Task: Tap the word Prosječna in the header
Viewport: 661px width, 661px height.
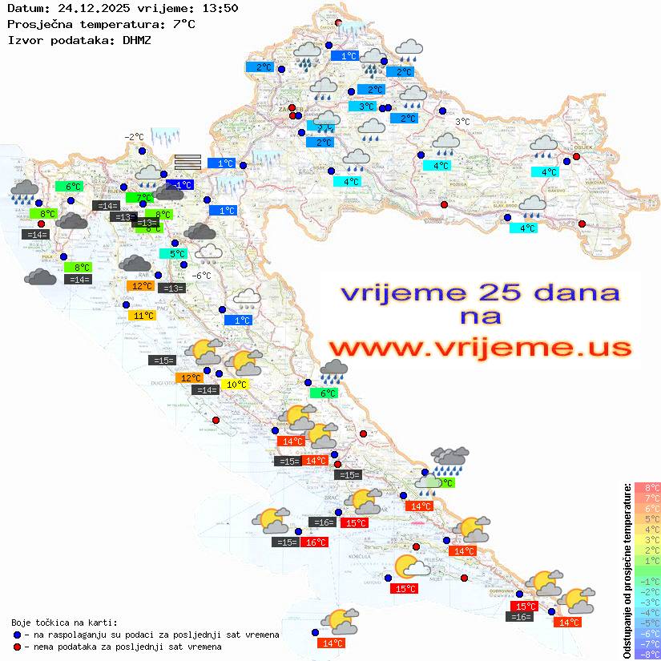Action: tap(38, 24)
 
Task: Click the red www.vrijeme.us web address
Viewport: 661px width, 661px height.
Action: tap(480, 347)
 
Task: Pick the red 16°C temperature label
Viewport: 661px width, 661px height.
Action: tap(316, 542)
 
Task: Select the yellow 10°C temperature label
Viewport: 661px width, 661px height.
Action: tap(237, 385)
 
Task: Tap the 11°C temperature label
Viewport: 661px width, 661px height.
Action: tap(143, 316)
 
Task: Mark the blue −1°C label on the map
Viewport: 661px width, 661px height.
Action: tap(181, 184)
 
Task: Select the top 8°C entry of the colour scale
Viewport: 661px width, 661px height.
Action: tap(647, 487)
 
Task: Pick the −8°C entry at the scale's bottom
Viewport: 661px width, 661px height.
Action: tap(647, 654)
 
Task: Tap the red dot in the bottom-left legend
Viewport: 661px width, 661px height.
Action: tap(17, 646)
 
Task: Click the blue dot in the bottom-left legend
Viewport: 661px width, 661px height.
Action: tap(17, 634)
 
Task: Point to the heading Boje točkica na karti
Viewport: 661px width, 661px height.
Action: tap(64, 622)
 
